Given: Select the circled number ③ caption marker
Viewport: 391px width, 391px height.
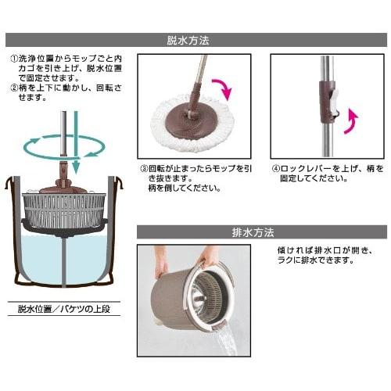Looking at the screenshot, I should pos(145,168).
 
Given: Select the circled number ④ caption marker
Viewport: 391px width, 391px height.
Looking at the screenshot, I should pos(276,168).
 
